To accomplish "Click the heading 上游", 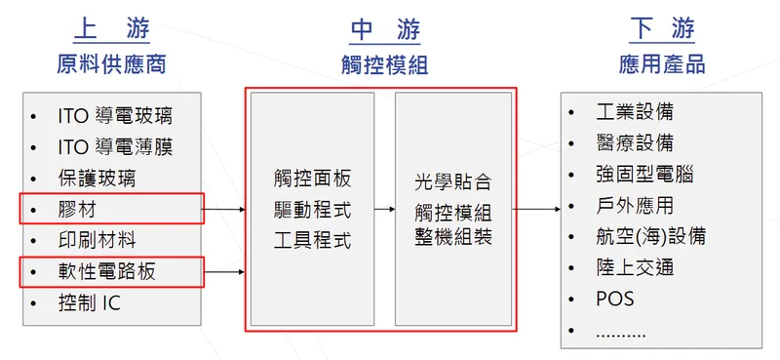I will (110, 31).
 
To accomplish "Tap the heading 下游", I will (662, 31).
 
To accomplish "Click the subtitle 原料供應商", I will (110, 65).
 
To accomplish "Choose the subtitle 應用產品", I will (662, 65).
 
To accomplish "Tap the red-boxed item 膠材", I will (78, 210).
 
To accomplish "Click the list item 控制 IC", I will (90, 302).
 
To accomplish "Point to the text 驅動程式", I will (312, 210).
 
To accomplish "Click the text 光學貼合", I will (452, 181).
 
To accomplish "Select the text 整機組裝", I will (452, 237).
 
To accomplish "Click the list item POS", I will (614, 299).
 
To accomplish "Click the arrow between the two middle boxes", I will (384, 209).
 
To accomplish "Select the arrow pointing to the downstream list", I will (536, 209).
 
